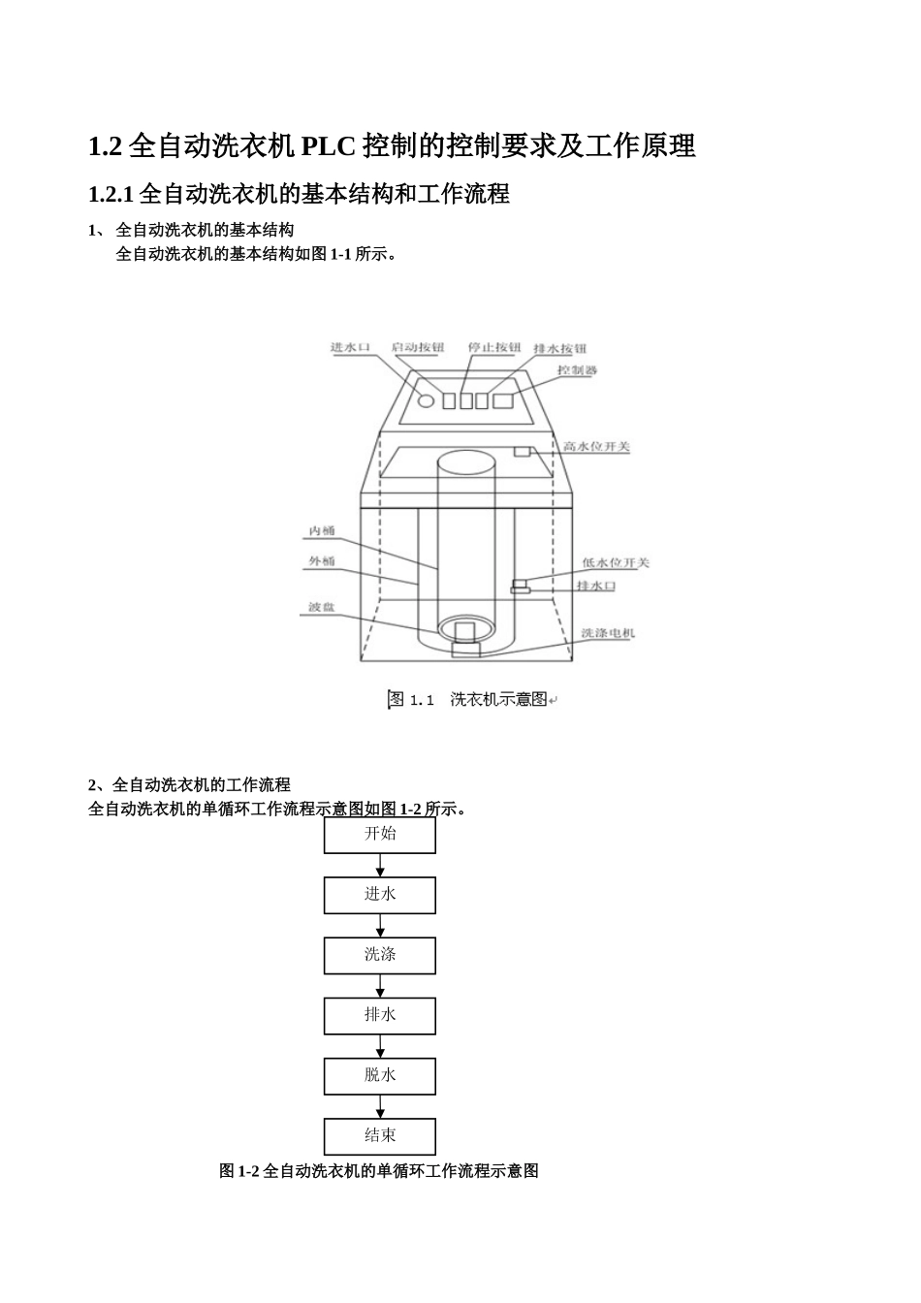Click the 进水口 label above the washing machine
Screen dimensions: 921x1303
point(350,347)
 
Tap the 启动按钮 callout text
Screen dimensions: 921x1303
point(418,347)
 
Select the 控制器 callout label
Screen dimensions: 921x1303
point(577,370)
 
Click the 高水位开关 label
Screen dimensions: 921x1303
point(596,447)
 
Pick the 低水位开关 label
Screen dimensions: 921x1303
point(616,562)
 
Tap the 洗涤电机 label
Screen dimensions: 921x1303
point(608,633)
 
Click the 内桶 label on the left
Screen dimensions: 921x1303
point(322,531)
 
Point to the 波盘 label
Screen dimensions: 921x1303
point(322,607)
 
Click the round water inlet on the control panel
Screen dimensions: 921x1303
point(426,400)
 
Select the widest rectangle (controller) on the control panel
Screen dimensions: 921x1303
point(502,400)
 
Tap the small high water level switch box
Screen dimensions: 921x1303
point(523,452)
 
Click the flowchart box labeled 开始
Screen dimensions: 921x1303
point(380,834)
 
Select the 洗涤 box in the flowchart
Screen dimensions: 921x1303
point(380,955)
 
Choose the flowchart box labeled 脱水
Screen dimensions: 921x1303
point(380,1075)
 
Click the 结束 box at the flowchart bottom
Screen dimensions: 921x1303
point(380,1135)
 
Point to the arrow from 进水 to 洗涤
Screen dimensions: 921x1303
point(380,926)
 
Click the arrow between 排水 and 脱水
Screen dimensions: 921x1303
point(380,1046)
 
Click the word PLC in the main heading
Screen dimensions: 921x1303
point(329,146)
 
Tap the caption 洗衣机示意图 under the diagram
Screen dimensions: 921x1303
point(498,699)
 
